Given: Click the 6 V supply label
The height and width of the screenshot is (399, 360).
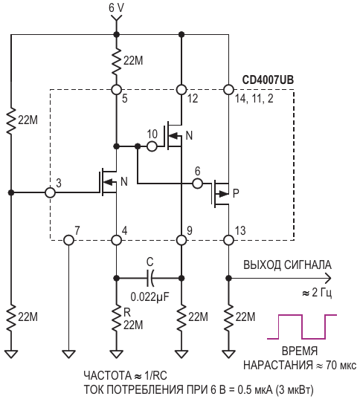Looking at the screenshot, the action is click(116, 8).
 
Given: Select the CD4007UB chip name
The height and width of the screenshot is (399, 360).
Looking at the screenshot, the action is click(268, 80).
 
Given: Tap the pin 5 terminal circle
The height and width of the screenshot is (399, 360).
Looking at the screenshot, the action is click(117, 90).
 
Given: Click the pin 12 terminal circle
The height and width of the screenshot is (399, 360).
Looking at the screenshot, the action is click(181, 90).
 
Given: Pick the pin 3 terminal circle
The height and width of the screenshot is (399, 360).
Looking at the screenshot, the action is click(50, 192).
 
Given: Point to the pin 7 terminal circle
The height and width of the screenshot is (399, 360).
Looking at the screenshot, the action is click(68, 240).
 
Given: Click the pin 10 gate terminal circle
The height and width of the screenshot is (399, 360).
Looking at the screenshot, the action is click(152, 146).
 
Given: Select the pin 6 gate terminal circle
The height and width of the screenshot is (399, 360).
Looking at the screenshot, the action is click(197, 183).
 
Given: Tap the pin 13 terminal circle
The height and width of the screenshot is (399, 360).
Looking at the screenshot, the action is click(228, 240).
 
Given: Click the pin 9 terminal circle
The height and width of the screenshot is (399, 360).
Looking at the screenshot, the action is click(181, 240).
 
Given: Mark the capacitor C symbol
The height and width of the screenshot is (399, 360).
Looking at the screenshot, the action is click(150, 278).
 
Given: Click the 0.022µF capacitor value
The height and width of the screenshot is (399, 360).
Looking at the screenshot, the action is click(150, 296).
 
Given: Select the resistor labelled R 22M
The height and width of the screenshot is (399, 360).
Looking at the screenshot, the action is click(117, 317).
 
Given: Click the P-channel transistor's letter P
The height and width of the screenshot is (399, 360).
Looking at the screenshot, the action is click(236, 193).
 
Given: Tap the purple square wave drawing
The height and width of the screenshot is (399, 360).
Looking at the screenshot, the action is click(302, 327).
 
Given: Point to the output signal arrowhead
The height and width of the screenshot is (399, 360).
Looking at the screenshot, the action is click(328, 278).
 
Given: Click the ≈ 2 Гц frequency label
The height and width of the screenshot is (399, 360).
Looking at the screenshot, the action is click(317, 293).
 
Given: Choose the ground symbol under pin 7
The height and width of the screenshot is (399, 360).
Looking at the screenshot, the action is click(68, 354).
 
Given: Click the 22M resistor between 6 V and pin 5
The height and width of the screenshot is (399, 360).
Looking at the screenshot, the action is click(117, 60).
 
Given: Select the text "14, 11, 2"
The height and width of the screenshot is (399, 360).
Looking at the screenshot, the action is click(254, 99).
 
